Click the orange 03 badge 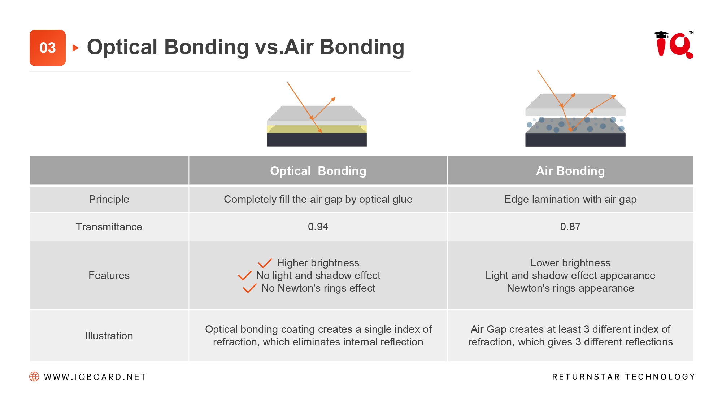[x=48, y=48]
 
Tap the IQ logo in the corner [x=674, y=45]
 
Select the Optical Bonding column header [x=318, y=171]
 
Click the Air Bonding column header [x=570, y=171]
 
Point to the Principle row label [x=109, y=199]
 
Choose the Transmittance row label [x=109, y=227]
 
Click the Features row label [x=109, y=275]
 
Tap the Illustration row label [x=109, y=336]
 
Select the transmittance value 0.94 [x=318, y=227]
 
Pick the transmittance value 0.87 [x=570, y=227]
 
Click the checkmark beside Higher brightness [x=265, y=263]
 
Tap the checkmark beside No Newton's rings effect [x=249, y=288]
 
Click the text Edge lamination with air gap [x=570, y=199]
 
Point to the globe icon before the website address [x=34, y=377]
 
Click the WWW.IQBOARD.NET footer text [x=95, y=377]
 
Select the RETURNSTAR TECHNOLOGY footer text [x=623, y=377]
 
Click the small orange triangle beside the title [x=75, y=48]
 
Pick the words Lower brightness [x=570, y=263]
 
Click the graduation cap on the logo [x=661, y=34]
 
